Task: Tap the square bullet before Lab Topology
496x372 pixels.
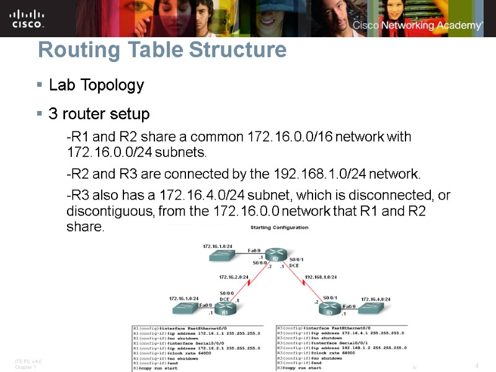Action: [40, 85]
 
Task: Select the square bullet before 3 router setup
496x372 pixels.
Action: [40, 115]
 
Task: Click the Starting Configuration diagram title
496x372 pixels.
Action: [278, 228]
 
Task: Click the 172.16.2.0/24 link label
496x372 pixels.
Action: [234, 277]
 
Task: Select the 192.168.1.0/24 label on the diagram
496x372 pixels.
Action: [321, 277]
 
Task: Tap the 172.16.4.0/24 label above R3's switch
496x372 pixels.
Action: [376, 299]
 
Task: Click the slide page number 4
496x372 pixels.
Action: [476, 366]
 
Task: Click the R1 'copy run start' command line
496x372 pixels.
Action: [155, 368]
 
